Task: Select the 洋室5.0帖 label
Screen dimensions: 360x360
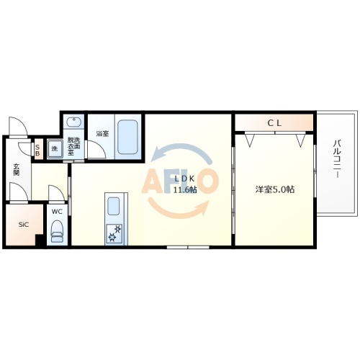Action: pos(274,189)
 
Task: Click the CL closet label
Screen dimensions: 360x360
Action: pos(274,123)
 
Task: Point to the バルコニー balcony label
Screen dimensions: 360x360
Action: pos(336,161)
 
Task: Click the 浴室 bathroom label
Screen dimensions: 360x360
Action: pos(102,133)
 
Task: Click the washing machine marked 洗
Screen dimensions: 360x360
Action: pos(53,150)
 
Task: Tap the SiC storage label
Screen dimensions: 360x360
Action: pos(22,224)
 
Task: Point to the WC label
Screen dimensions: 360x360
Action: pos(57,212)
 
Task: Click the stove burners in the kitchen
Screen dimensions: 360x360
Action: pos(114,233)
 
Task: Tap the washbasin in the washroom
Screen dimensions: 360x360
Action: pos(73,124)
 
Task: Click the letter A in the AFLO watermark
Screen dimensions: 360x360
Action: pos(156,182)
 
